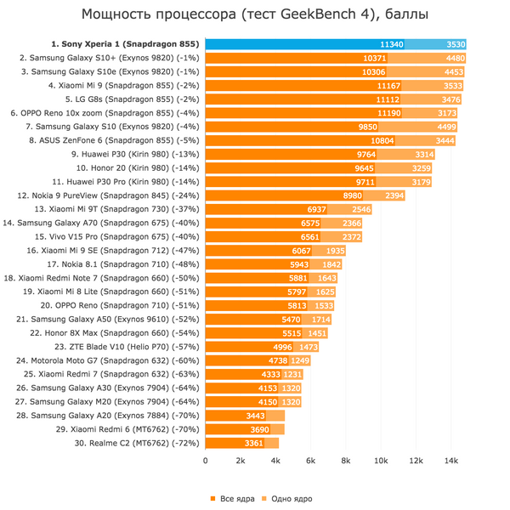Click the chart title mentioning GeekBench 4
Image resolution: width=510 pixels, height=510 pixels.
255,14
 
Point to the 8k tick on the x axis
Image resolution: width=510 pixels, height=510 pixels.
346,461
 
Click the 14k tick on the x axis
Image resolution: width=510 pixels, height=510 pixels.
451,461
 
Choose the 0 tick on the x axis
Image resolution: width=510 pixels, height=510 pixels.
205,461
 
